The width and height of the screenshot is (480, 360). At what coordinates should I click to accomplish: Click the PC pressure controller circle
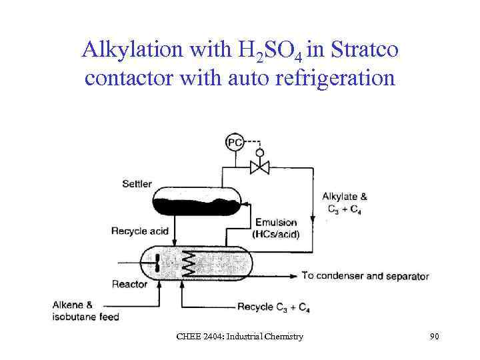[x=235, y=143]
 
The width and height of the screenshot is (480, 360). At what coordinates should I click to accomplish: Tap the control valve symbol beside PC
[x=259, y=166]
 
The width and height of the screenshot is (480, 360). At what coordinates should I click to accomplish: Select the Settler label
[x=137, y=183]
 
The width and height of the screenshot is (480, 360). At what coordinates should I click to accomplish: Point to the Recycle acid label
[x=140, y=231]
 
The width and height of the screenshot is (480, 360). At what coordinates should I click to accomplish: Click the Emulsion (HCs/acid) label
[x=275, y=228]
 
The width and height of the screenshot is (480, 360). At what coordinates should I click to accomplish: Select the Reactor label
[x=131, y=284]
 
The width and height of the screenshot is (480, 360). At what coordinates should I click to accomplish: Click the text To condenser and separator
[x=365, y=276]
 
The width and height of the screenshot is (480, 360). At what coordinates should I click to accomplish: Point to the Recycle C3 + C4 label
[x=273, y=307]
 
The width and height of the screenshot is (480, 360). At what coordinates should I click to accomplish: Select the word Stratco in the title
[x=360, y=50]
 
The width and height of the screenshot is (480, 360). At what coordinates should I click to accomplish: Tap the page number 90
[x=434, y=337]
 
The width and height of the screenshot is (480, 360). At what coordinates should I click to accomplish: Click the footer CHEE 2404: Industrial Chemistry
[x=239, y=337]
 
